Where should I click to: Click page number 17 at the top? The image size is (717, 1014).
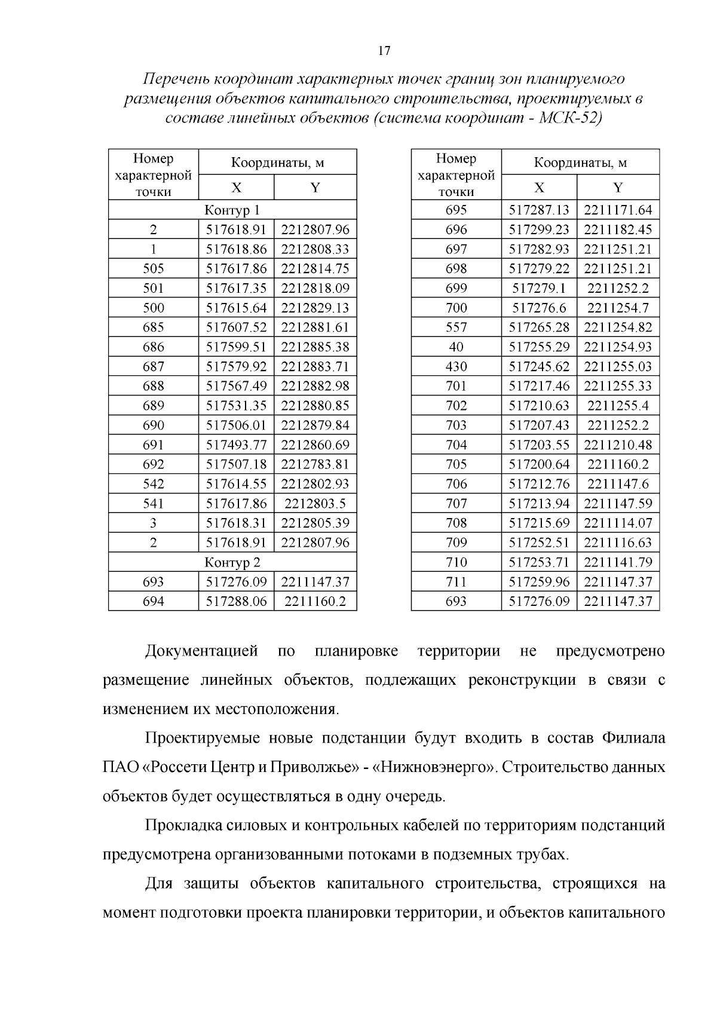(x=384, y=51)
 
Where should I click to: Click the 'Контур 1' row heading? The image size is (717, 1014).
(x=232, y=210)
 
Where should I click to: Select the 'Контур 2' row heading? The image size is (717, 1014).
(x=232, y=562)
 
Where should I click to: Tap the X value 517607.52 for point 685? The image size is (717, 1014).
(x=236, y=327)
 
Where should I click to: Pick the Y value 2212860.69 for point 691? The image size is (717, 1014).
(x=315, y=445)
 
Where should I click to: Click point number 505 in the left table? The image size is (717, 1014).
(x=154, y=268)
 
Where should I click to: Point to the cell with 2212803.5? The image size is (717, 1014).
(x=315, y=504)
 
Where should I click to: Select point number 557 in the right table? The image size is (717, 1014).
(x=456, y=327)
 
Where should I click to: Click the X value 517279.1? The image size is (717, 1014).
(x=539, y=288)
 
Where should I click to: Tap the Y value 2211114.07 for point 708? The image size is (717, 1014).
(x=618, y=523)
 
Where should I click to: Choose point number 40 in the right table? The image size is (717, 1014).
(x=456, y=347)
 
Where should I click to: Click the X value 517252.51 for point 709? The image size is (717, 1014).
(x=539, y=543)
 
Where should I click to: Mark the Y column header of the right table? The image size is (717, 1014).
(x=618, y=188)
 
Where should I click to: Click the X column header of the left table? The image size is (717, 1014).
(x=236, y=188)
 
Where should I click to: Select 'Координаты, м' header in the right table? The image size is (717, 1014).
(x=580, y=163)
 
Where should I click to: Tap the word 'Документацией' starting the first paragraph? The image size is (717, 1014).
(x=201, y=651)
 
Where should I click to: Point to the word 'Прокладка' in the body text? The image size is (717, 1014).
(x=182, y=825)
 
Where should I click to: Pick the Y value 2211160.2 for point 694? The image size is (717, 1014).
(x=315, y=601)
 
